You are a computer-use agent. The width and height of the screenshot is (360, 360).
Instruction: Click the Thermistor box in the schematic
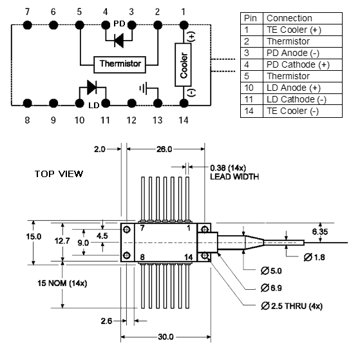coord(120,64)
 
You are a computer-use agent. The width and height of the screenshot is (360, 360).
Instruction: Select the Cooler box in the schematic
coord(183,65)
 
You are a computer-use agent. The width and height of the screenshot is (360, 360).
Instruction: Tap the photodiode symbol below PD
coord(119,41)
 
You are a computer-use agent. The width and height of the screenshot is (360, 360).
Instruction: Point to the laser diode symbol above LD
coord(92,87)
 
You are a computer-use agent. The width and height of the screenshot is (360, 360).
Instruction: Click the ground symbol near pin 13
coord(144,88)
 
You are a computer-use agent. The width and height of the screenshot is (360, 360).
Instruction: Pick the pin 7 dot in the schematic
coord(27,25)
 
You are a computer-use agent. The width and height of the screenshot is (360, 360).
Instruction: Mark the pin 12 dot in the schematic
coord(131,103)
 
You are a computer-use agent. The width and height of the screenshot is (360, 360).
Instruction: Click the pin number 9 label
coord(53,120)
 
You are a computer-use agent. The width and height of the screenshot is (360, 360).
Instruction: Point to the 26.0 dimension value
coord(164,149)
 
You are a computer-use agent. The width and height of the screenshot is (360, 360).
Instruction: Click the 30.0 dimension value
coord(166,337)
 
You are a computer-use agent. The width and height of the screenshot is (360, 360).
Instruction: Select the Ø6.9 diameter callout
coord(271,288)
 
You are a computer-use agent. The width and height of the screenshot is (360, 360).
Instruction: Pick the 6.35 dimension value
coord(320,232)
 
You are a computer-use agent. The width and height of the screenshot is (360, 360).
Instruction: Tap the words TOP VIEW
coord(59,174)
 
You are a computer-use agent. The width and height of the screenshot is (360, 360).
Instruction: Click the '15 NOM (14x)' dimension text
coord(62,283)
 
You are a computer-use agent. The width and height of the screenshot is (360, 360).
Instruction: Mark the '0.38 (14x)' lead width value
coord(228,168)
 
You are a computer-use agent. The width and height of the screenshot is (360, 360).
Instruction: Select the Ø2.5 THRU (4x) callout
coord(292,306)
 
